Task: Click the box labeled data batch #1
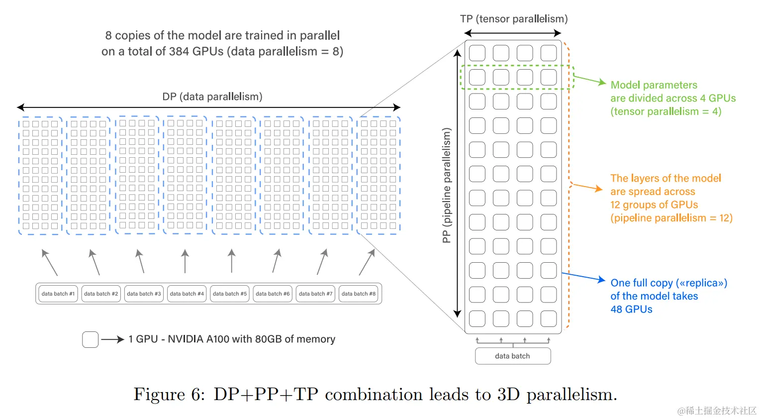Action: coord(58,294)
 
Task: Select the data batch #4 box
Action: coord(187,294)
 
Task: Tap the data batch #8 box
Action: coord(359,294)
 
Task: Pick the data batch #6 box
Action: coord(273,294)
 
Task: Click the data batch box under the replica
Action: coord(513,356)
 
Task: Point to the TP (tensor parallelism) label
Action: coord(514,19)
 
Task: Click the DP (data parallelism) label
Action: coord(212,97)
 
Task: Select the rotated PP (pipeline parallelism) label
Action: coord(447,185)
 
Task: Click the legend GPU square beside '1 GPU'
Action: coord(91,339)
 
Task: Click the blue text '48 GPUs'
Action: coord(631,309)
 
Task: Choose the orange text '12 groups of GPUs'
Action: coord(654,205)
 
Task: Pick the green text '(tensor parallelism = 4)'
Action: coord(665,111)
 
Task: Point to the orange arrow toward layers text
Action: coord(587,187)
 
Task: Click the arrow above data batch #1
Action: coord(49,262)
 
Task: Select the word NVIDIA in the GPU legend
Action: coord(185,339)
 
